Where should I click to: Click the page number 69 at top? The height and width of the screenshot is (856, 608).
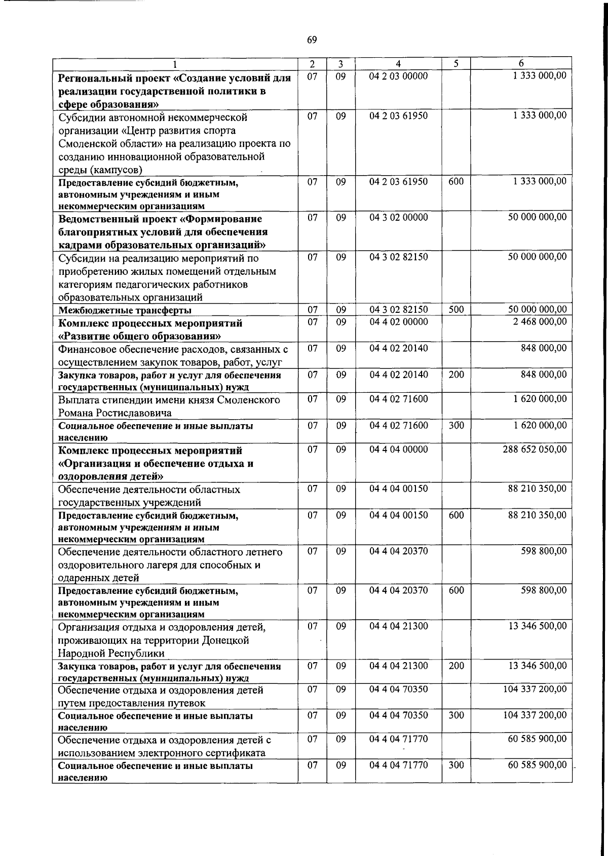pos(312,40)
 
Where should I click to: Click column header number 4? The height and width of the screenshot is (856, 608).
pos(398,64)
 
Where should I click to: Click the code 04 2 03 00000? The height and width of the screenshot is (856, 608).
pos(398,76)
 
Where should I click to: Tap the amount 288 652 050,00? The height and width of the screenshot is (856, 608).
pos(535,450)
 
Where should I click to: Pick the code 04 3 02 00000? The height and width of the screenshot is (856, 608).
pos(398,218)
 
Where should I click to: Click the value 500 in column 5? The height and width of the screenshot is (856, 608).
pos(456,309)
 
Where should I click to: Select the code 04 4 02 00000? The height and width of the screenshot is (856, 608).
pos(398,322)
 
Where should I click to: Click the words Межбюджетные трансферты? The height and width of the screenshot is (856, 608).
pos(125,310)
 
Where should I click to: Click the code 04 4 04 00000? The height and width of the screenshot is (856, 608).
pos(398,450)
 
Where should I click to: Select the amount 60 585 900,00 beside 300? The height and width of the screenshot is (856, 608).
pos(537,764)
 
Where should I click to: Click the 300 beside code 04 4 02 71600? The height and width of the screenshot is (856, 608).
pos(456,425)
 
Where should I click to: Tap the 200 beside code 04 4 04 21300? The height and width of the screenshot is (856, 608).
pos(456,666)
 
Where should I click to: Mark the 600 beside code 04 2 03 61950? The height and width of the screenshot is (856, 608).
pos(456,181)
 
